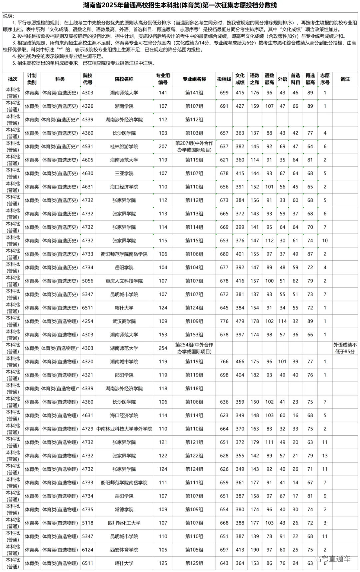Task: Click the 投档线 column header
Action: pos(224,79)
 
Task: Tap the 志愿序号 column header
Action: pos(325,79)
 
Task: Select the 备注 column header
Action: pos(345,79)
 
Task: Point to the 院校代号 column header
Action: pos(88,79)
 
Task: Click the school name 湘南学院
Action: pos(124,106)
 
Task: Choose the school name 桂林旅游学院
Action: pos(124,146)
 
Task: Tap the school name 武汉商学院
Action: pos(124,321)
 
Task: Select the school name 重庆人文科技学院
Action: pos(124,281)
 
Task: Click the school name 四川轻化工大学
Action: pos(124,523)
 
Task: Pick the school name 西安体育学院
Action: pos(124,550)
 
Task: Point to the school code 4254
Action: pos(88,321)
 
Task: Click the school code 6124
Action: pos(88,550)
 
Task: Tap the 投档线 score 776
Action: pos(224,321)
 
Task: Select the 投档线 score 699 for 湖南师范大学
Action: pos(224,93)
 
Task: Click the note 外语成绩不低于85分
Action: pos(345,348)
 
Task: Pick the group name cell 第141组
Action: pos(194,93)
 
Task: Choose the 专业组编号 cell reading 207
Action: pos(163,146)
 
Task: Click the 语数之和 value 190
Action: pos(255,550)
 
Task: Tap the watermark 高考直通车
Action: pos(332,559)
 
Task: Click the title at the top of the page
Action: pos(180,5)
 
